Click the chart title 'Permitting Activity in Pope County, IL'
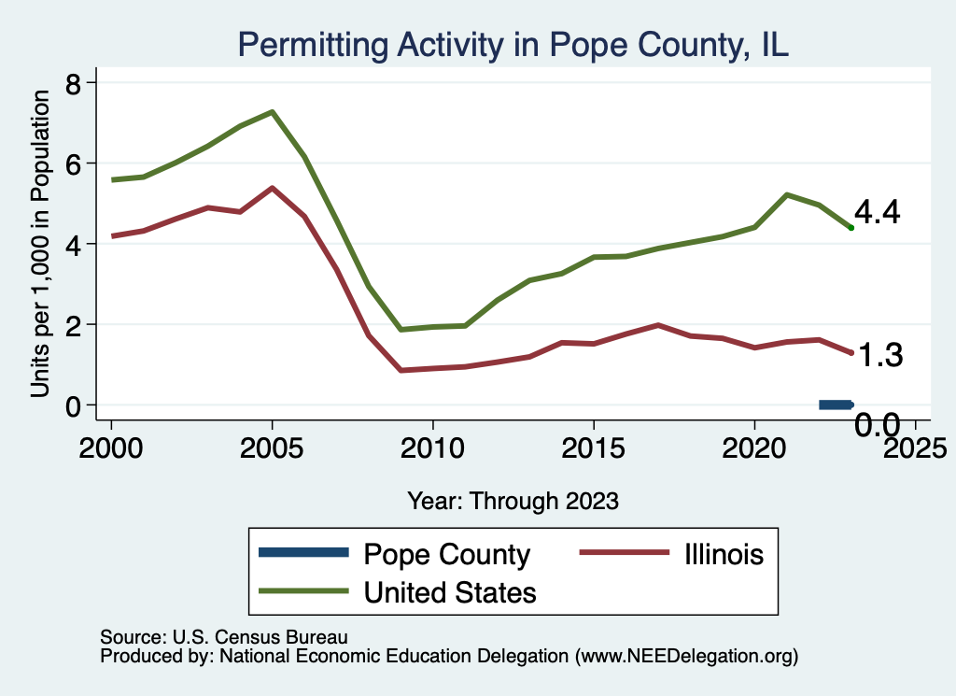click(514, 44)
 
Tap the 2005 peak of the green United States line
click(272, 112)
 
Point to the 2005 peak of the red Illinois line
click(272, 188)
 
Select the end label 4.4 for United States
click(877, 213)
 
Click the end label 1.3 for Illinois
click(879, 355)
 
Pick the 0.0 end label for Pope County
click(878, 426)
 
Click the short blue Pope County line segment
click(836, 405)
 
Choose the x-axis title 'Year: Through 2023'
click(513, 501)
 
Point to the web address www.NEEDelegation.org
click(687, 657)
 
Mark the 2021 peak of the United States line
click(787, 194)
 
